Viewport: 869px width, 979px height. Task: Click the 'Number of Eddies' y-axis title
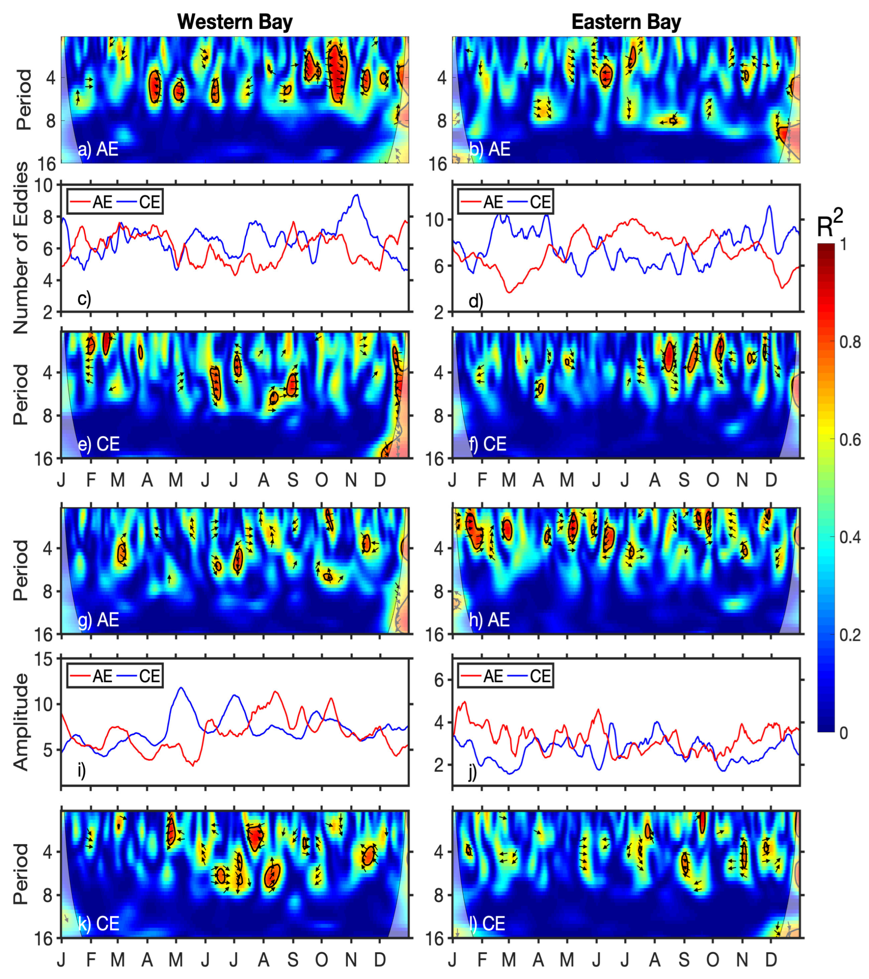point(20,248)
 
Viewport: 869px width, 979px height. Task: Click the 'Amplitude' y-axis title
point(20,722)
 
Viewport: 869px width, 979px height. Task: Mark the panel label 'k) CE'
point(98,923)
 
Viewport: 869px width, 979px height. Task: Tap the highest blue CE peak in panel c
point(356,195)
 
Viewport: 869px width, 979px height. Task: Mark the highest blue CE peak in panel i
point(181,688)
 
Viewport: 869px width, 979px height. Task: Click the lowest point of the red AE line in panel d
point(509,292)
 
